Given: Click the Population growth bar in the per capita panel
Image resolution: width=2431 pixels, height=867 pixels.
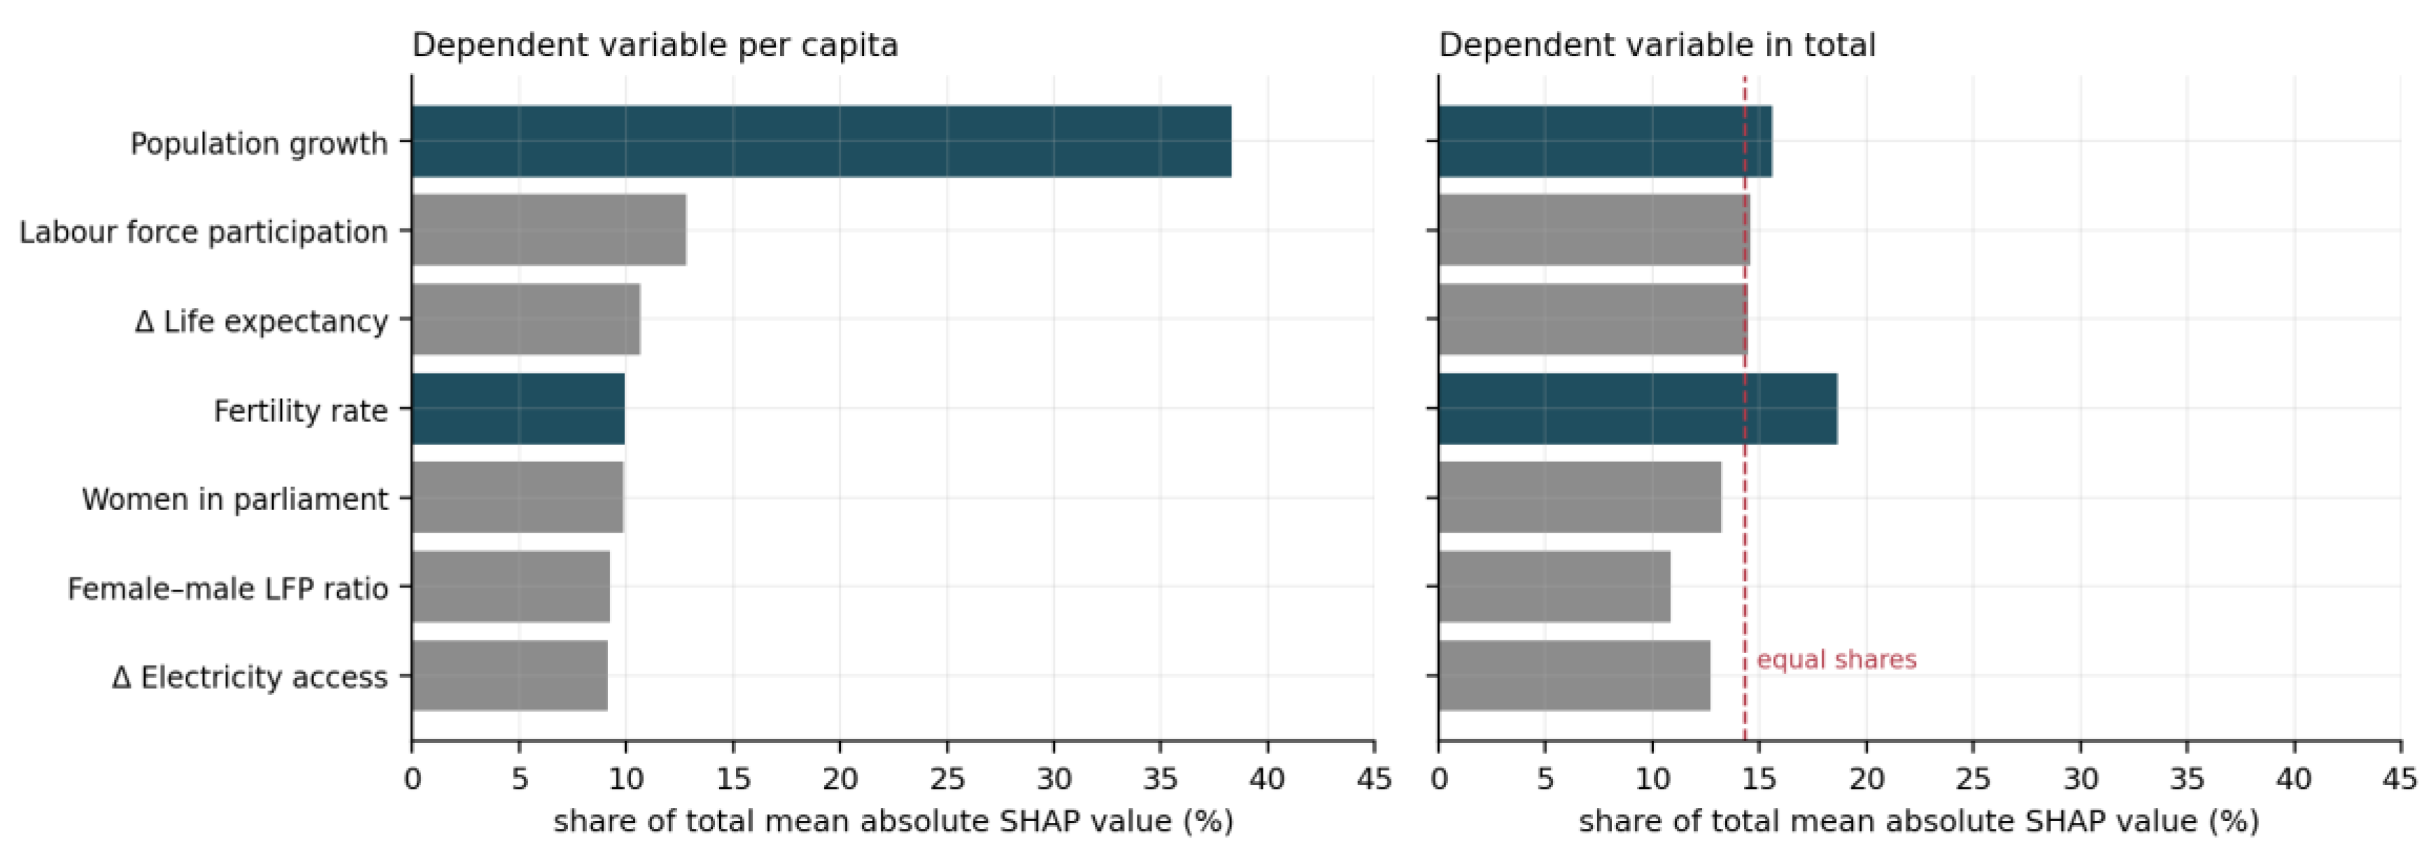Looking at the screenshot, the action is [x=821, y=141].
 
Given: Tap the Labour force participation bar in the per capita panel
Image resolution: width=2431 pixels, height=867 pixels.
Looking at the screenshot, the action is [x=549, y=230].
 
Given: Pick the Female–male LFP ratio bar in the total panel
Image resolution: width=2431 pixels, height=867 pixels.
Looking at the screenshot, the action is [x=1554, y=586].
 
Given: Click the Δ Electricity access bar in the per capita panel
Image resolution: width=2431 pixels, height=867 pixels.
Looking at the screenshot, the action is [x=509, y=676].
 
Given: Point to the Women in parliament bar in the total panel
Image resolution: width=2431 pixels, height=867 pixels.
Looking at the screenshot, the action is [x=1580, y=498].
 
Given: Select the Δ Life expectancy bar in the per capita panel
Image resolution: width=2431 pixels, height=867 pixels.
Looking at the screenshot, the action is [x=525, y=319].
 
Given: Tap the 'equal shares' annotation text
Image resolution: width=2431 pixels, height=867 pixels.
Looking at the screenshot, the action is [x=1836, y=659].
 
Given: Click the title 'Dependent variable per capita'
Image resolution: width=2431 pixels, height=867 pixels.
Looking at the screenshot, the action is [x=655, y=45].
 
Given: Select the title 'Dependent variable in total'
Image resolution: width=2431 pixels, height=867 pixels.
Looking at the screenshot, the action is [x=1657, y=45].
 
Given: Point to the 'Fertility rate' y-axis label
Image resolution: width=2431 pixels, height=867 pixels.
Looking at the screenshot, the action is [x=300, y=411].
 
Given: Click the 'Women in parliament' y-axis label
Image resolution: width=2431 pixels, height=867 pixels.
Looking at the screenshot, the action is [x=235, y=499].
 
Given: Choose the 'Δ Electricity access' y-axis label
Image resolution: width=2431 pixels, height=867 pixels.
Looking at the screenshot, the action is [x=250, y=677].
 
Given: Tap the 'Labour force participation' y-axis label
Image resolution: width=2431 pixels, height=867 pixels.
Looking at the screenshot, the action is [x=204, y=232].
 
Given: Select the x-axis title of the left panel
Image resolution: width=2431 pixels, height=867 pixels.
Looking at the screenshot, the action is [x=893, y=822].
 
